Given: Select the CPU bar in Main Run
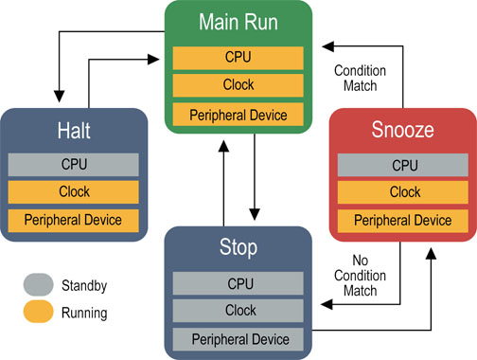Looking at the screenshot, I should (238, 57).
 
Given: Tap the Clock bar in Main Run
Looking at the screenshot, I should (238, 86).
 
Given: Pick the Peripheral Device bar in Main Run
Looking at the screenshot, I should (238, 116).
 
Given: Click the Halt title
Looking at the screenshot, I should (74, 132).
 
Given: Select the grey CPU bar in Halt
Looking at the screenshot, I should (74, 163).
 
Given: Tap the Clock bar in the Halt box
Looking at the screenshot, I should (74, 191).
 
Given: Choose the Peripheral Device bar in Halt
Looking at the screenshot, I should (74, 221).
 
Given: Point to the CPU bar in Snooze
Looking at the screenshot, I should (404, 165).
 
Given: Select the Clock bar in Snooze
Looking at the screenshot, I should (404, 192).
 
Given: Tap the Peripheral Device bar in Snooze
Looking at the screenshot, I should (404, 221).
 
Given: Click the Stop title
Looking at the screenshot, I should (238, 250).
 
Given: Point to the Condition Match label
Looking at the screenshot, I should (356, 79).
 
